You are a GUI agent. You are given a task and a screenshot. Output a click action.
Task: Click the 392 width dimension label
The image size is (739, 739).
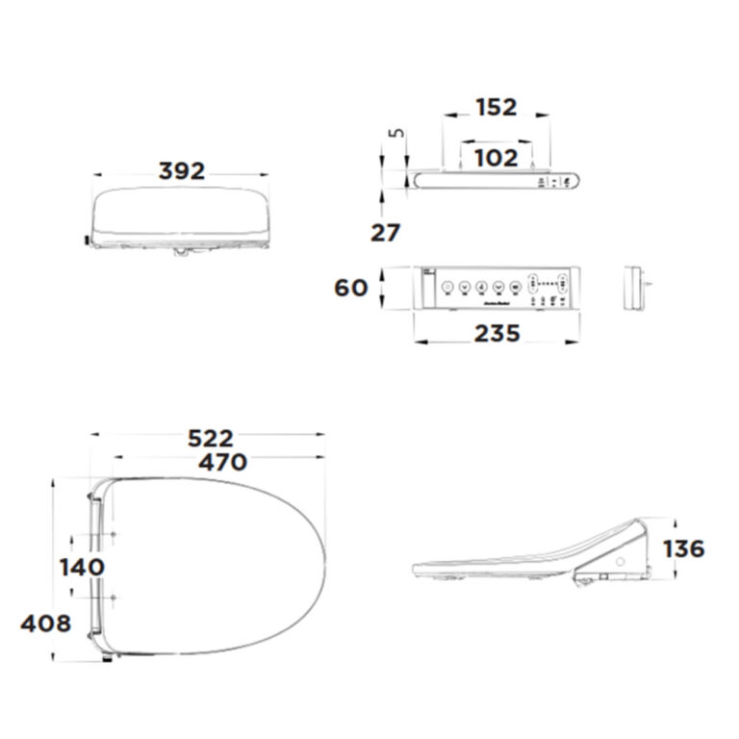point(181,171)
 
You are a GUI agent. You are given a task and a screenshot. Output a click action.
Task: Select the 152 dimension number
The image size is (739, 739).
point(497,108)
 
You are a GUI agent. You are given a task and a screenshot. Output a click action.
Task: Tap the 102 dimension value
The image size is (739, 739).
point(497,158)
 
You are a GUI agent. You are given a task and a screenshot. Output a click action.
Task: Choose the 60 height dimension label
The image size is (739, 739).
point(350,287)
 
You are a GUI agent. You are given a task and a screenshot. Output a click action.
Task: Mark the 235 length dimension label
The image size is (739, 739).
point(497,333)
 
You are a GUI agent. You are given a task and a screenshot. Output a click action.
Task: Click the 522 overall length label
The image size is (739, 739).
point(210,439)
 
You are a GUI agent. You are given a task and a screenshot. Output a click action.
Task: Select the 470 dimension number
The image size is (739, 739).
point(221,462)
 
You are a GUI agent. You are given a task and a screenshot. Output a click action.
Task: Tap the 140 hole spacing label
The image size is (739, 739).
point(82,567)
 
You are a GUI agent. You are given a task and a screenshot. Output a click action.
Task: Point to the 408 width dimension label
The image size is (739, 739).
point(45,624)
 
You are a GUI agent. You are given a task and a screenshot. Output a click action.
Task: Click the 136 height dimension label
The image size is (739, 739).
point(684,548)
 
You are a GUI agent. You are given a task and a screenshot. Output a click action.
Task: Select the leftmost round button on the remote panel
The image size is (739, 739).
point(447,287)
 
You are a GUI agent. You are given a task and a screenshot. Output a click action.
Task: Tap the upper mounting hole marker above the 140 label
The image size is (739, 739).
point(115,536)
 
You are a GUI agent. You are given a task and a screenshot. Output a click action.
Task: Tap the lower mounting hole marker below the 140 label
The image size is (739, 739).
point(115,599)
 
